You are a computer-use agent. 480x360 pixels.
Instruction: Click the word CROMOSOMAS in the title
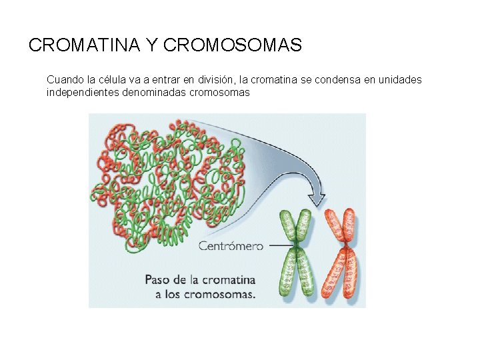pos(232,45)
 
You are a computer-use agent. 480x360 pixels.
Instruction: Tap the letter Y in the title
pos(151,45)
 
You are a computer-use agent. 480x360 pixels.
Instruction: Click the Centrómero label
pos(231,246)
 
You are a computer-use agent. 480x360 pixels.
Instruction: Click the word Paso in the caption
pos(159,280)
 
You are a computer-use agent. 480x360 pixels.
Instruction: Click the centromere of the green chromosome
pos(295,247)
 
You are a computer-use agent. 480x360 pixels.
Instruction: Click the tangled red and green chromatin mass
pos(170,180)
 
